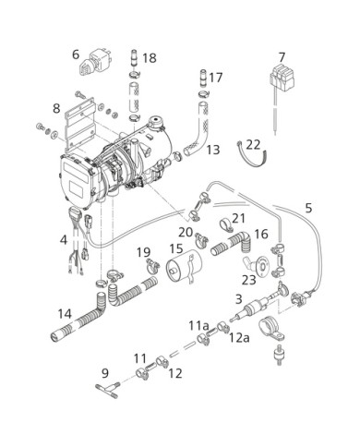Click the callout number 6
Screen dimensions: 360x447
(x=76, y=54)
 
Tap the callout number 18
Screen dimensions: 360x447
(x=150, y=58)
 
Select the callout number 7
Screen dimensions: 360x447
(x=282, y=57)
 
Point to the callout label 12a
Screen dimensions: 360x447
(x=239, y=337)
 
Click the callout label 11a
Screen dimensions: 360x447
(x=198, y=325)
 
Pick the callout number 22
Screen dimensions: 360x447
(x=254, y=145)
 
